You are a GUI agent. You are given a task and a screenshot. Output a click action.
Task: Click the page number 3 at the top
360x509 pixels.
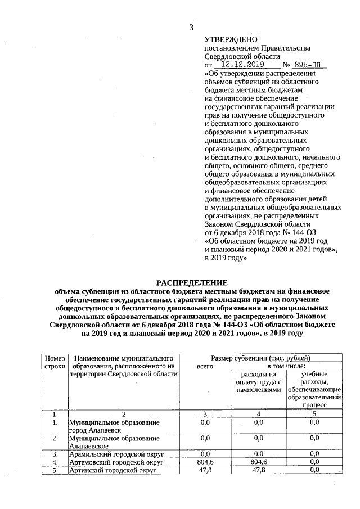tap(191, 28)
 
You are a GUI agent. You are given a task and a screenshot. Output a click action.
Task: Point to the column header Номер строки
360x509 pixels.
tap(55, 362)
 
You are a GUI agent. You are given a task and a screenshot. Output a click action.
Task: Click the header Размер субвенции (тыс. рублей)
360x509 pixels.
tap(260, 358)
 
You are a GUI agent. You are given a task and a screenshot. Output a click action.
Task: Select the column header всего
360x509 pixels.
tap(205, 366)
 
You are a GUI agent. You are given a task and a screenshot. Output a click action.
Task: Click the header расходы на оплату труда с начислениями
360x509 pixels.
tap(258, 381)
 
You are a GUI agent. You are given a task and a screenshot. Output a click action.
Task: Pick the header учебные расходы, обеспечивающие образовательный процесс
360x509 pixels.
tap(314, 389)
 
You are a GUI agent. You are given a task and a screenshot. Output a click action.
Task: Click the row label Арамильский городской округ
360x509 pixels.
tap(111, 453)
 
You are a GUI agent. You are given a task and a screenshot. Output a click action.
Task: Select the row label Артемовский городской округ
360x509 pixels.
tap(115, 462)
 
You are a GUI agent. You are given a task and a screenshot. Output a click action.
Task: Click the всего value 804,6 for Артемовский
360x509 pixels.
tap(205, 462)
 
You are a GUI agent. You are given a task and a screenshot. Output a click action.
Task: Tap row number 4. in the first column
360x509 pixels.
tap(55, 462)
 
